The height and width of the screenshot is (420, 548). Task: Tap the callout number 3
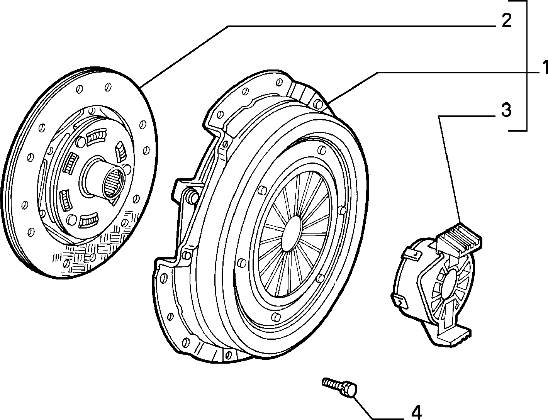point(506,110)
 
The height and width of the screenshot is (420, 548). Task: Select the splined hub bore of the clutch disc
point(113,183)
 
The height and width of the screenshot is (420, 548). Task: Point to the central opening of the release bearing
point(451,287)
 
